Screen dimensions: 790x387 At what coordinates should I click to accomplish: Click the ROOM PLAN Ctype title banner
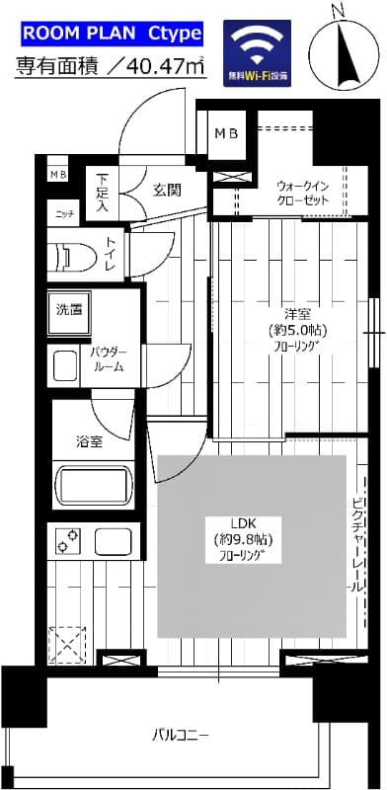coord(111,36)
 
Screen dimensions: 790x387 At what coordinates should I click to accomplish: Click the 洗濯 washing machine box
coord(68,309)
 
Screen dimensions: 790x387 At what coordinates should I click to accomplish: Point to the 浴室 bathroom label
coord(90,441)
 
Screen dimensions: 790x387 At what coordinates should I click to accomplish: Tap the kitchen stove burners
coord(69,542)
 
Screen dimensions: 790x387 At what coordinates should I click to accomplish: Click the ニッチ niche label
coord(63,213)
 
